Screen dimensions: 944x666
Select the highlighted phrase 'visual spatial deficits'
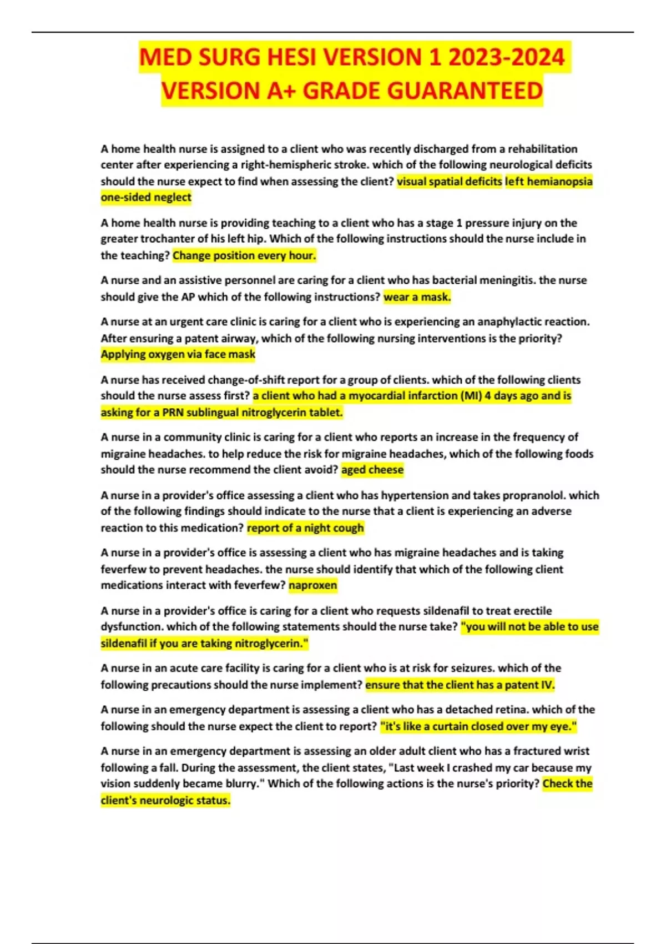point(450,182)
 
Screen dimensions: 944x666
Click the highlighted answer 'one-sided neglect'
point(146,198)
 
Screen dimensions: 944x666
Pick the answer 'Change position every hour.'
point(244,256)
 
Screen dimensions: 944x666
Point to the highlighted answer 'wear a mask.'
point(417,297)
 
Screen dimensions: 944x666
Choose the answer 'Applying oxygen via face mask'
point(178,354)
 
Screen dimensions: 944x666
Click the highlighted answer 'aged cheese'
point(372,470)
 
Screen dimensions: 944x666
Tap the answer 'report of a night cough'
point(305,528)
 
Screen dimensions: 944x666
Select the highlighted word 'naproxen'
point(312,585)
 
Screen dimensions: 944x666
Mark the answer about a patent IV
point(460,685)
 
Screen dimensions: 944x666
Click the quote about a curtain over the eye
point(478,726)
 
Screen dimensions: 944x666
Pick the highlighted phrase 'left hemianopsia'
point(548,182)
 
